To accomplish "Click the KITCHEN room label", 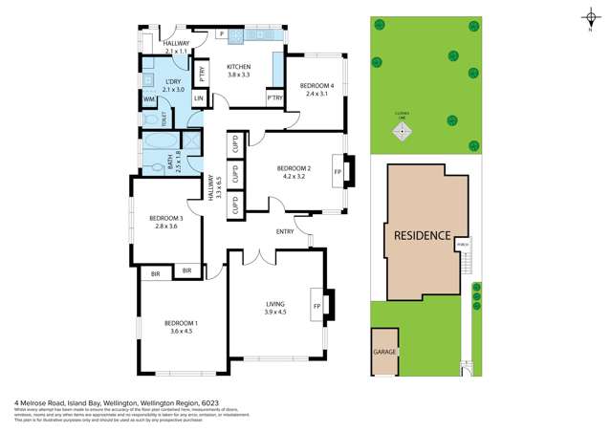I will point(238,67).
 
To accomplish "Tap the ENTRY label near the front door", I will point(285,231).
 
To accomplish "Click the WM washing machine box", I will point(149,99).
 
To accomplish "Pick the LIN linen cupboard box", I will point(199,98).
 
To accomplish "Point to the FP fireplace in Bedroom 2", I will point(337,172).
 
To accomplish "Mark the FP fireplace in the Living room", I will point(316,306).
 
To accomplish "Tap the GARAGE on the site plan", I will point(383,352).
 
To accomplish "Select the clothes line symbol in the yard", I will point(402,132).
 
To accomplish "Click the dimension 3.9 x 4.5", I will point(275,312).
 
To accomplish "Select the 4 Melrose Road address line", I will point(109,402).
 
